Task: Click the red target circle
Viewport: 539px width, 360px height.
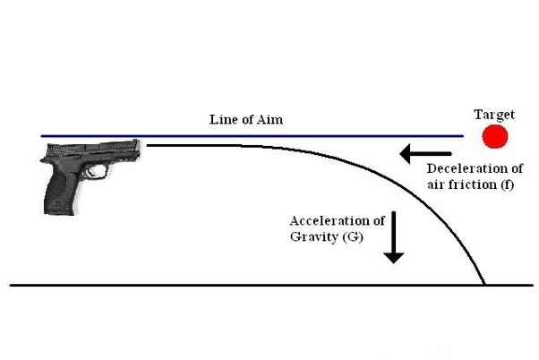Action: click(494, 137)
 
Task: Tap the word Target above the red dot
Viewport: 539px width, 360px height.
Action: click(494, 114)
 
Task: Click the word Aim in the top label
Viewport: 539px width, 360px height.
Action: click(271, 119)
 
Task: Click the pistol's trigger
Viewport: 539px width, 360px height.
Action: click(92, 170)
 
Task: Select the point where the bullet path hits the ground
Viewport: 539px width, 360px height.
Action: click(485, 285)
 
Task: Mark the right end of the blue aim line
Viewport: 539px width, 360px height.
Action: click(463, 136)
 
